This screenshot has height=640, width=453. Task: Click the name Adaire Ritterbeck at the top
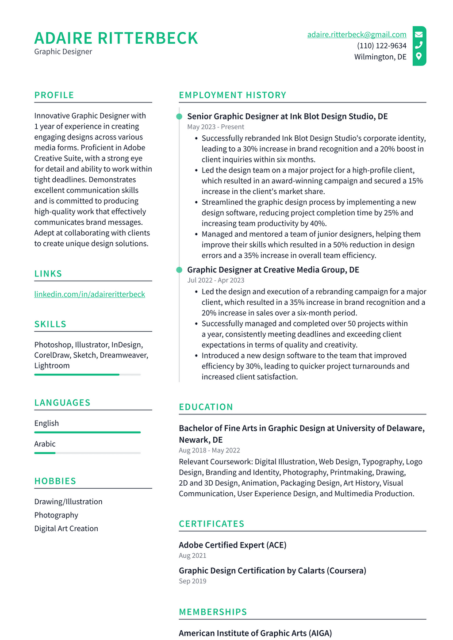pyautogui.click(x=116, y=38)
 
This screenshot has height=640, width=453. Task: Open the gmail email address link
pyautogui.click(x=357, y=34)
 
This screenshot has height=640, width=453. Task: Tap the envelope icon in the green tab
pyautogui.click(x=419, y=34)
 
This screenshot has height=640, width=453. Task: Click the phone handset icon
pyautogui.click(x=419, y=45)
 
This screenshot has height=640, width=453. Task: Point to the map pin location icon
pyautogui.click(x=419, y=56)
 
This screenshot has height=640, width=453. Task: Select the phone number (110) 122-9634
pyautogui.click(x=381, y=46)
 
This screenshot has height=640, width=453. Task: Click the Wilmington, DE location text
pyautogui.click(x=380, y=57)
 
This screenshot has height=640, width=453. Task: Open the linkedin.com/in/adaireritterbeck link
pyautogui.click(x=89, y=294)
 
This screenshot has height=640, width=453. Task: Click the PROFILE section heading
pyautogui.click(x=54, y=95)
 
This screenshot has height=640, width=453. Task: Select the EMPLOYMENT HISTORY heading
pyautogui.click(x=232, y=95)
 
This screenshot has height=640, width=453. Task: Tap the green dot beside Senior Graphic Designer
pyautogui.click(x=179, y=117)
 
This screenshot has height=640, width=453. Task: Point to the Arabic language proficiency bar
pyautogui.click(x=87, y=453)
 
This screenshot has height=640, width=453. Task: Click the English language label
pyautogui.click(x=46, y=423)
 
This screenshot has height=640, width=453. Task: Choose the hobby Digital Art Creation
pyautogui.click(x=66, y=529)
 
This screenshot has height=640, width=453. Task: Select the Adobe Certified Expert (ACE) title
pyautogui.click(x=232, y=545)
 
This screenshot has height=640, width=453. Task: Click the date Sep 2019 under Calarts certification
pyautogui.click(x=192, y=581)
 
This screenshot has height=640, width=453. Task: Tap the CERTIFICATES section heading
pyautogui.click(x=211, y=524)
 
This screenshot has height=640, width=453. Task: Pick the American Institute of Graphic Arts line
pyautogui.click(x=255, y=633)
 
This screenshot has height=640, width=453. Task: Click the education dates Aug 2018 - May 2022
pyautogui.click(x=209, y=450)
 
